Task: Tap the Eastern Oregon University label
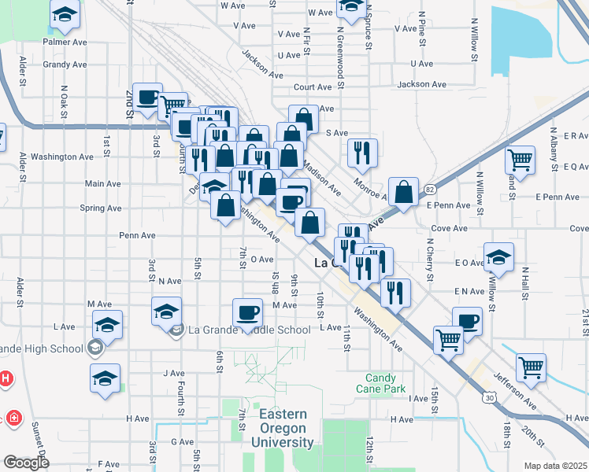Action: click(282, 428)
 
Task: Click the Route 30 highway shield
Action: click(490, 399)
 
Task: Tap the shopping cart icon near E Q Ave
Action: click(520, 160)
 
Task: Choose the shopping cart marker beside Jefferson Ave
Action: click(531, 367)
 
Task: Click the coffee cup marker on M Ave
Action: click(247, 312)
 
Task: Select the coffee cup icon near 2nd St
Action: click(147, 98)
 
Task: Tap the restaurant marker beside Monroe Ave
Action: click(362, 152)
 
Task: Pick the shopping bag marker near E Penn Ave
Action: click(403, 191)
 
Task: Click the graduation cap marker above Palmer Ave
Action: click(65, 13)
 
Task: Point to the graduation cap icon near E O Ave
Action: click(498, 256)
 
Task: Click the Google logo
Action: click(26, 463)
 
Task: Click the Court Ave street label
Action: click(313, 87)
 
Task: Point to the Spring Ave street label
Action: click(101, 208)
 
